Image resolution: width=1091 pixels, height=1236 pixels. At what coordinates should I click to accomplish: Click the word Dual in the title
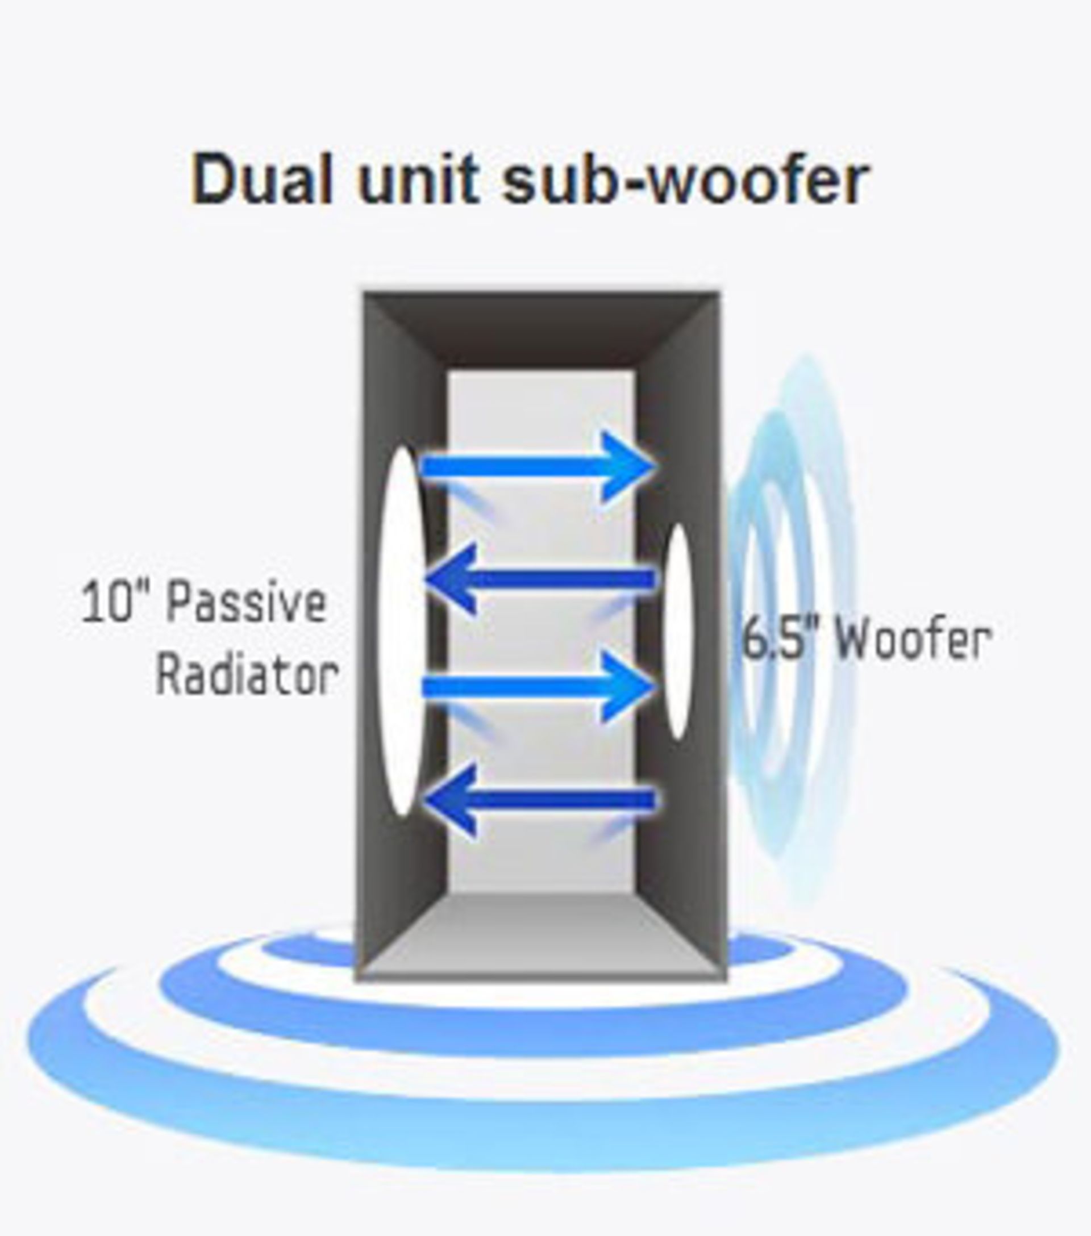pos(261,179)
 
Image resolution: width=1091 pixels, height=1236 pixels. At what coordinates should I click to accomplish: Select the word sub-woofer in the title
pos(685,179)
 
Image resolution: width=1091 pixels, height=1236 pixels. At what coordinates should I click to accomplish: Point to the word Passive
pos(246,603)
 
